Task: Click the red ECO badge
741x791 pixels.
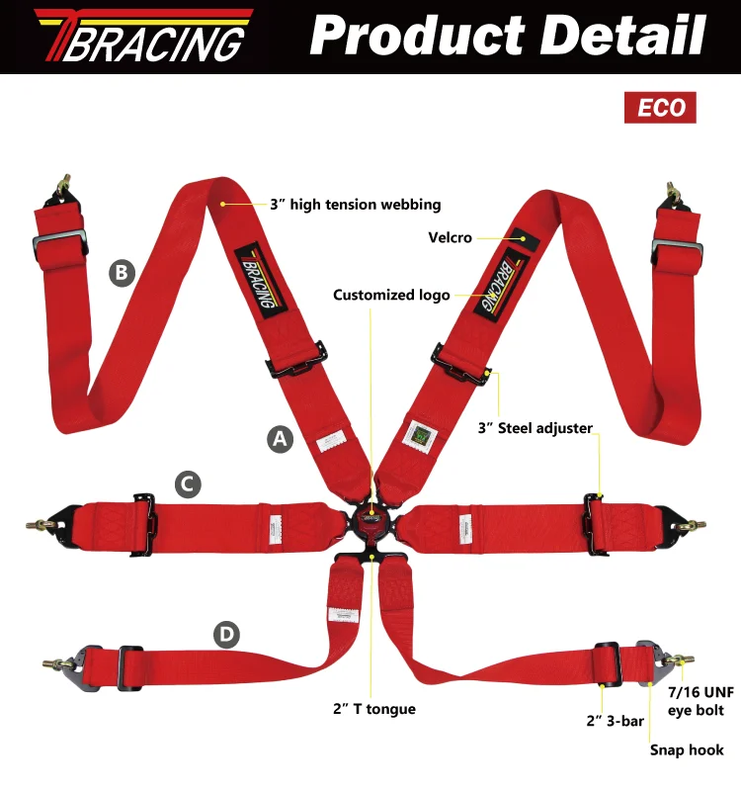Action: pos(660,107)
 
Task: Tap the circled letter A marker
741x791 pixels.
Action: pos(282,440)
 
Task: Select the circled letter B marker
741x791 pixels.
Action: pos(121,272)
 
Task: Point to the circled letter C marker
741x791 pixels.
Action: pos(188,484)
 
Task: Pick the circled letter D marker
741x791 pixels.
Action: pos(228,635)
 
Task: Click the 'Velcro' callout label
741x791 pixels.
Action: pos(450,237)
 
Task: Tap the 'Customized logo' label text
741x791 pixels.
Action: pos(391,295)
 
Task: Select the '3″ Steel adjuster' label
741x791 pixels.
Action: pos(535,428)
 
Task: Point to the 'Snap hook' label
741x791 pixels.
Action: pos(687,750)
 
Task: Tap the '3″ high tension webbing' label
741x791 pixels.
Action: pos(355,205)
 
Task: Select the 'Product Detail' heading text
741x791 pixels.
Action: pos(508,37)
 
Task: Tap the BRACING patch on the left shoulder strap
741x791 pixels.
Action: pos(255,282)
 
